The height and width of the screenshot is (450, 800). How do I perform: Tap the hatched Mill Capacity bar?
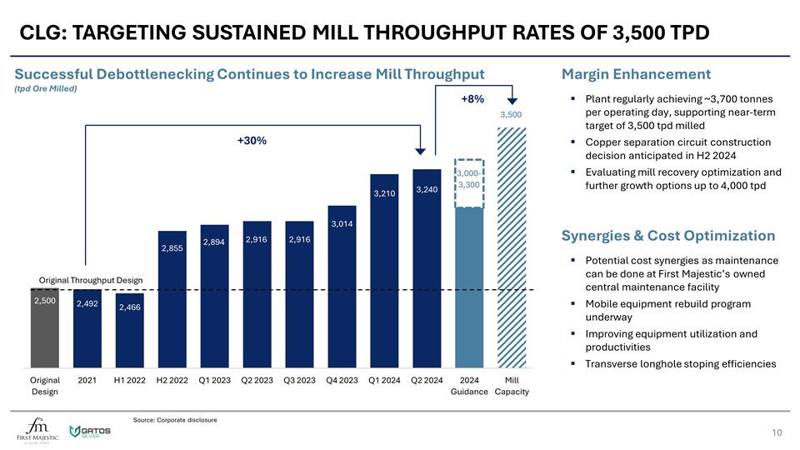(512, 250)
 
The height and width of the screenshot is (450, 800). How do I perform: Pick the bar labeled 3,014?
(342, 287)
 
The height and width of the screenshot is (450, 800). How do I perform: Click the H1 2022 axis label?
(129, 381)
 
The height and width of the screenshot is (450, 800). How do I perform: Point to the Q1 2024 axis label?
(384, 381)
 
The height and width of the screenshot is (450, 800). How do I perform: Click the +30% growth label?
(252, 141)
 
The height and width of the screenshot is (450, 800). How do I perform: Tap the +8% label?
(472, 99)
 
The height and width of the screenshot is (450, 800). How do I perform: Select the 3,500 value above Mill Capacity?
(511, 114)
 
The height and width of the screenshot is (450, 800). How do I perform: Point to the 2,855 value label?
(172, 248)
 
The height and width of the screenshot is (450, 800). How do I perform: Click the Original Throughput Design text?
(91, 279)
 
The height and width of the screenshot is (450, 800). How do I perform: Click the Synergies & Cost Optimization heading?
(668, 235)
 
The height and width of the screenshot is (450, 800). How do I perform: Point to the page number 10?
(777, 432)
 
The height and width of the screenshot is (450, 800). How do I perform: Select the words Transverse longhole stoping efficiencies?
(681, 364)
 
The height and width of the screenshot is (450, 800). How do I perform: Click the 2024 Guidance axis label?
(469, 386)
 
